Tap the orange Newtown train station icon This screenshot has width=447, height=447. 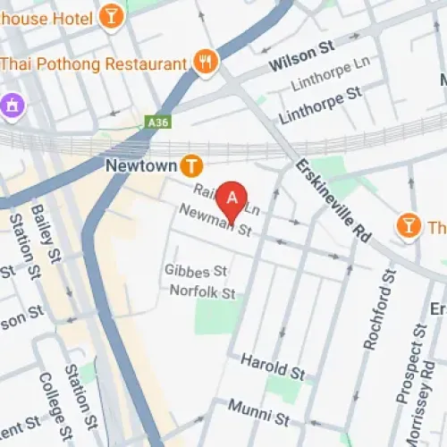pyautogui.click(x=190, y=165)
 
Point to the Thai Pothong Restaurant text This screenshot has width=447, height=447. pyautogui.click(x=93, y=63)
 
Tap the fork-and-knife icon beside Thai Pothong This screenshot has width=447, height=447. pyautogui.click(x=207, y=63)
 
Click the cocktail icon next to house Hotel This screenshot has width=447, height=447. pyautogui.click(x=111, y=15)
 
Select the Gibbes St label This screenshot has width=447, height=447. pyautogui.click(x=196, y=270)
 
